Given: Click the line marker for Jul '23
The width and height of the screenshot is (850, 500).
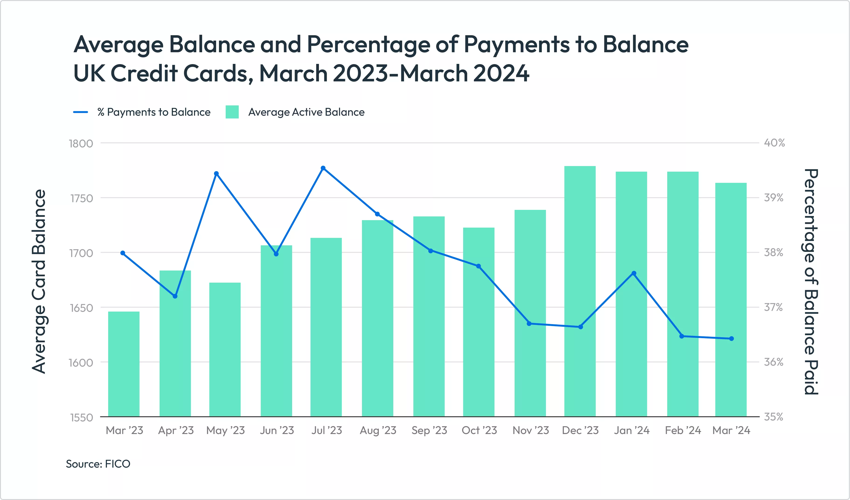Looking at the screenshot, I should coord(323,168).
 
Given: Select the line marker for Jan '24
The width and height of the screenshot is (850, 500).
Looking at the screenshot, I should coord(634,273).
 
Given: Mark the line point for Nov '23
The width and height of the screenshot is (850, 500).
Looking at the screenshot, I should coord(529,323).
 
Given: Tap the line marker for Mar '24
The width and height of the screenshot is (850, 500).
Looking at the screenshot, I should coord(732,338).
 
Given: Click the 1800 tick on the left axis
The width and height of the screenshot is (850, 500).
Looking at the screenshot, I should coord(81,144).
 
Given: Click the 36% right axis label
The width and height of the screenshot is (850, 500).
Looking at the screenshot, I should coord(774,362).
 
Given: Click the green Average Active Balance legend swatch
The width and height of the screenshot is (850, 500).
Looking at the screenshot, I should coord(232,112).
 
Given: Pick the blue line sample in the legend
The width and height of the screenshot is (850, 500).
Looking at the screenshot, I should coord(81,112).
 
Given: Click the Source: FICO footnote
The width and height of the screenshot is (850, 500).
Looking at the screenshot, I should coord(98,464).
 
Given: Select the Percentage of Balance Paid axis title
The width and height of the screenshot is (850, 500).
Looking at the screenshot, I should coord(811,281).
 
